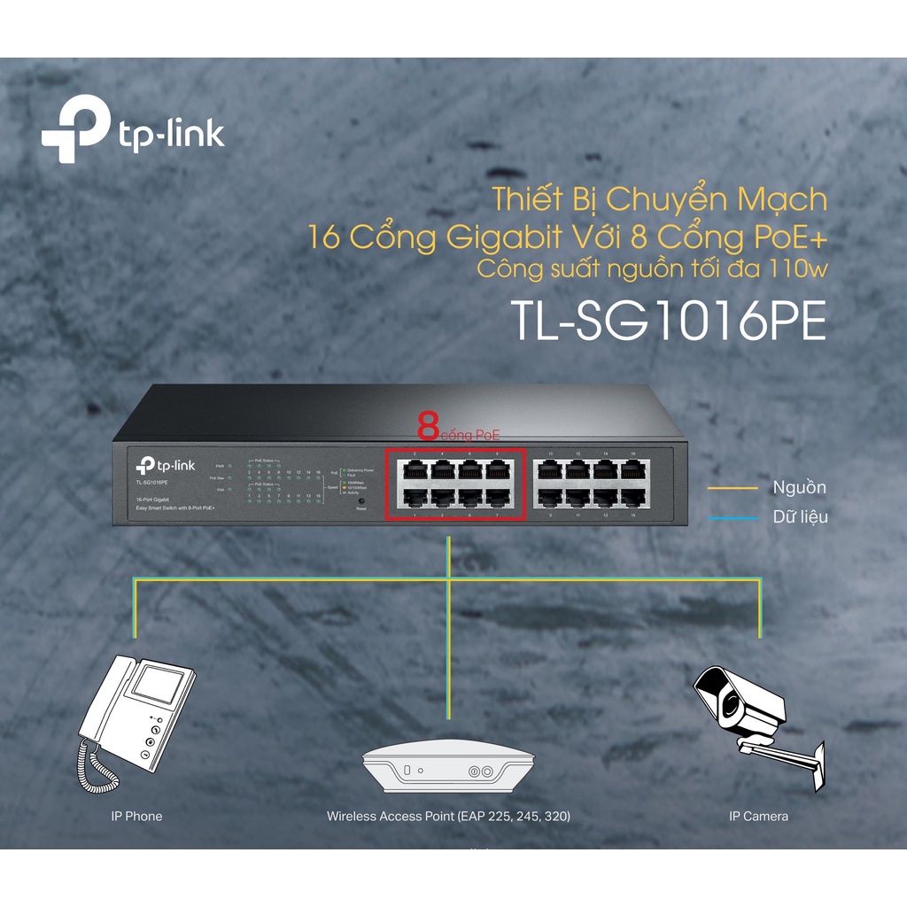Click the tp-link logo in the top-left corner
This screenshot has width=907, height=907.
click(x=133, y=134)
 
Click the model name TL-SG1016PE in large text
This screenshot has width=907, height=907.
click(x=669, y=323)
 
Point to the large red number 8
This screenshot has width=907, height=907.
click(x=429, y=428)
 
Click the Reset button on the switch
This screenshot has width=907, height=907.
click(x=360, y=501)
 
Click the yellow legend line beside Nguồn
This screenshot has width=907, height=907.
click(x=733, y=488)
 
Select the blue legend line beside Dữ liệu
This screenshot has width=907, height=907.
click(x=733, y=517)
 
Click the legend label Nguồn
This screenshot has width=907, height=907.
click(x=799, y=488)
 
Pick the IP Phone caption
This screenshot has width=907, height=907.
click(x=131, y=816)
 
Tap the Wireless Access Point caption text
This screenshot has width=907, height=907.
click(x=448, y=816)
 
